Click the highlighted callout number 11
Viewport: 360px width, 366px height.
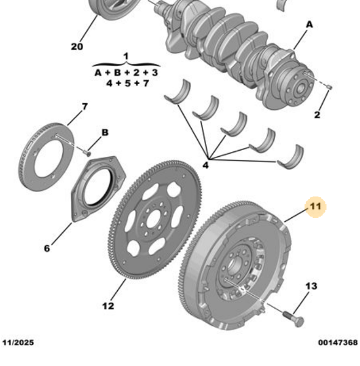pyautogui.click(x=315, y=207)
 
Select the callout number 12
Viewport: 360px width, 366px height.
pyautogui.click(x=108, y=306)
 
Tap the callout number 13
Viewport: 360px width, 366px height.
pyautogui.click(x=311, y=286)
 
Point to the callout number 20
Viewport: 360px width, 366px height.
pyautogui.click(x=77, y=46)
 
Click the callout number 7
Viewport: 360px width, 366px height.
pyautogui.click(x=84, y=107)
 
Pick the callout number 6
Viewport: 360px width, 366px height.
pyautogui.click(x=47, y=248)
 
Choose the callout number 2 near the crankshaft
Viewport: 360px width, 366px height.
pyautogui.click(x=317, y=115)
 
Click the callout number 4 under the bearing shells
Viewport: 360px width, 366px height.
pyautogui.click(x=206, y=165)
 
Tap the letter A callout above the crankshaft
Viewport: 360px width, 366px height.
pyautogui.click(x=309, y=24)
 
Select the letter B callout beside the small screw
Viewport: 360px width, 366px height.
pyautogui.click(x=104, y=132)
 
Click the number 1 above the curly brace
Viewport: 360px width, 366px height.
pyautogui.click(x=126, y=57)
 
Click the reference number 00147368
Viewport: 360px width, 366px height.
pyautogui.click(x=337, y=342)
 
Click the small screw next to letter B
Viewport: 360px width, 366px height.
pyautogui.click(x=88, y=152)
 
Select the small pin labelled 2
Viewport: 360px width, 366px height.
pyautogui.click(x=329, y=88)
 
